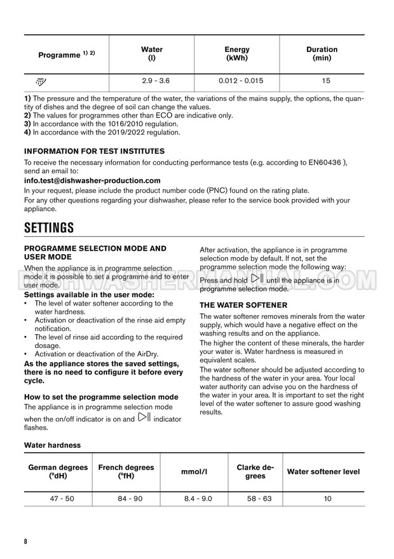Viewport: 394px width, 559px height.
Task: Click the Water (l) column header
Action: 151,53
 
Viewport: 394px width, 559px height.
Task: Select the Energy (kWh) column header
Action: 237,53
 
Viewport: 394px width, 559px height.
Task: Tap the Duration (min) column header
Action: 322,53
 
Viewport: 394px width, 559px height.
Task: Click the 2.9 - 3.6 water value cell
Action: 151,81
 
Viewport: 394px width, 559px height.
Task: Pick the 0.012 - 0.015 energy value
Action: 237,81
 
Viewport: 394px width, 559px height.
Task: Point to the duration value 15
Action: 322,81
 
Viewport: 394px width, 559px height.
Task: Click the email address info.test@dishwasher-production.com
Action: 92,180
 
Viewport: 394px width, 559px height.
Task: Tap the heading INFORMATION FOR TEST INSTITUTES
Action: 94,151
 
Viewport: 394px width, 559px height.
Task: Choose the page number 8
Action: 26,541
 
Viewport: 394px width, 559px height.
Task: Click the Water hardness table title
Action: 52,445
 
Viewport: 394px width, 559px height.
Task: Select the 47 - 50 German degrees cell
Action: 62,499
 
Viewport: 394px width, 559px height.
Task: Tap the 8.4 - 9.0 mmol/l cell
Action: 196,499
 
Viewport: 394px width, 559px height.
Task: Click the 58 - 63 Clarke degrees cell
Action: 259,499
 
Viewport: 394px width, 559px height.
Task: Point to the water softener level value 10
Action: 327,499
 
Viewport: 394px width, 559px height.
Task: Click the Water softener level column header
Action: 323,472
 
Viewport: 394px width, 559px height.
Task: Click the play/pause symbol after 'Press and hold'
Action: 257,279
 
